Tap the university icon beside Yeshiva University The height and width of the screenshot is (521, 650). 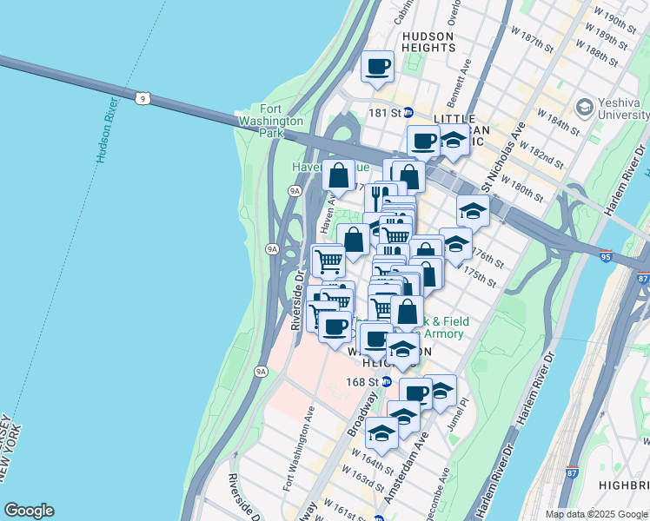tap(584, 108)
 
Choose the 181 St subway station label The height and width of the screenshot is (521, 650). tap(388, 113)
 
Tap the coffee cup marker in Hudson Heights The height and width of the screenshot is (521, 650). tap(377, 66)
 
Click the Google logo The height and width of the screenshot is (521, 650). tap(29, 511)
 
